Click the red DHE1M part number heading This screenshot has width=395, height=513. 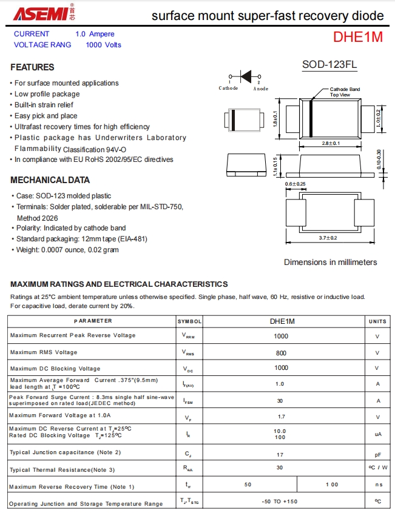pyautogui.click(x=357, y=37)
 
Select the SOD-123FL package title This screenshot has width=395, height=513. pyautogui.click(x=329, y=64)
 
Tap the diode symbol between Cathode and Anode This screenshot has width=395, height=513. pyautogui.click(x=245, y=76)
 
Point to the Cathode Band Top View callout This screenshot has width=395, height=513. pyautogui.click(x=344, y=92)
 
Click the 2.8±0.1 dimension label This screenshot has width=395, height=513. pyautogui.click(x=331, y=143)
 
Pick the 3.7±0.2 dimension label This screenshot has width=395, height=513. pyautogui.click(x=328, y=238)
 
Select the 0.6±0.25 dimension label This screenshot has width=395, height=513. pyautogui.click(x=295, y=184)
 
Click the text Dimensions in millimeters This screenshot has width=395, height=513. pyautogui.click(x=330, y=262)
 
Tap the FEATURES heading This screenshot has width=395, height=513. pyautogui.click(x=32, y=67)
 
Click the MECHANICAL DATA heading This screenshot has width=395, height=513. pyautogui.click(x=50, y=179)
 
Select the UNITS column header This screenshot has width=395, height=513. pyautogui.click(x=377, y=321)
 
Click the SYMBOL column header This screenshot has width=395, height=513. pyautogui.click(x=189, y=321)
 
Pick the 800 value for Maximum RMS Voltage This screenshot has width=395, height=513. pyautogui.click(x=281, y=352)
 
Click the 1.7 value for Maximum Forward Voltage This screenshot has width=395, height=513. pyautogui.click(x=281, y=417)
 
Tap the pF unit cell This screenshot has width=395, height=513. pyautogui.click(x=377, y=454)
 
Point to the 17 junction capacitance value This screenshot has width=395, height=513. pyautogui.click(x=280, y=453)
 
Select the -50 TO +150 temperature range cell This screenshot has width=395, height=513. pyautogui.click(x=280, y=501)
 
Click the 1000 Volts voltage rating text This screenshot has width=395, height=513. pyautogui.click(x=103, y=45)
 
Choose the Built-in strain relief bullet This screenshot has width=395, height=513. pyautogui.click(x=43, y=105)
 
